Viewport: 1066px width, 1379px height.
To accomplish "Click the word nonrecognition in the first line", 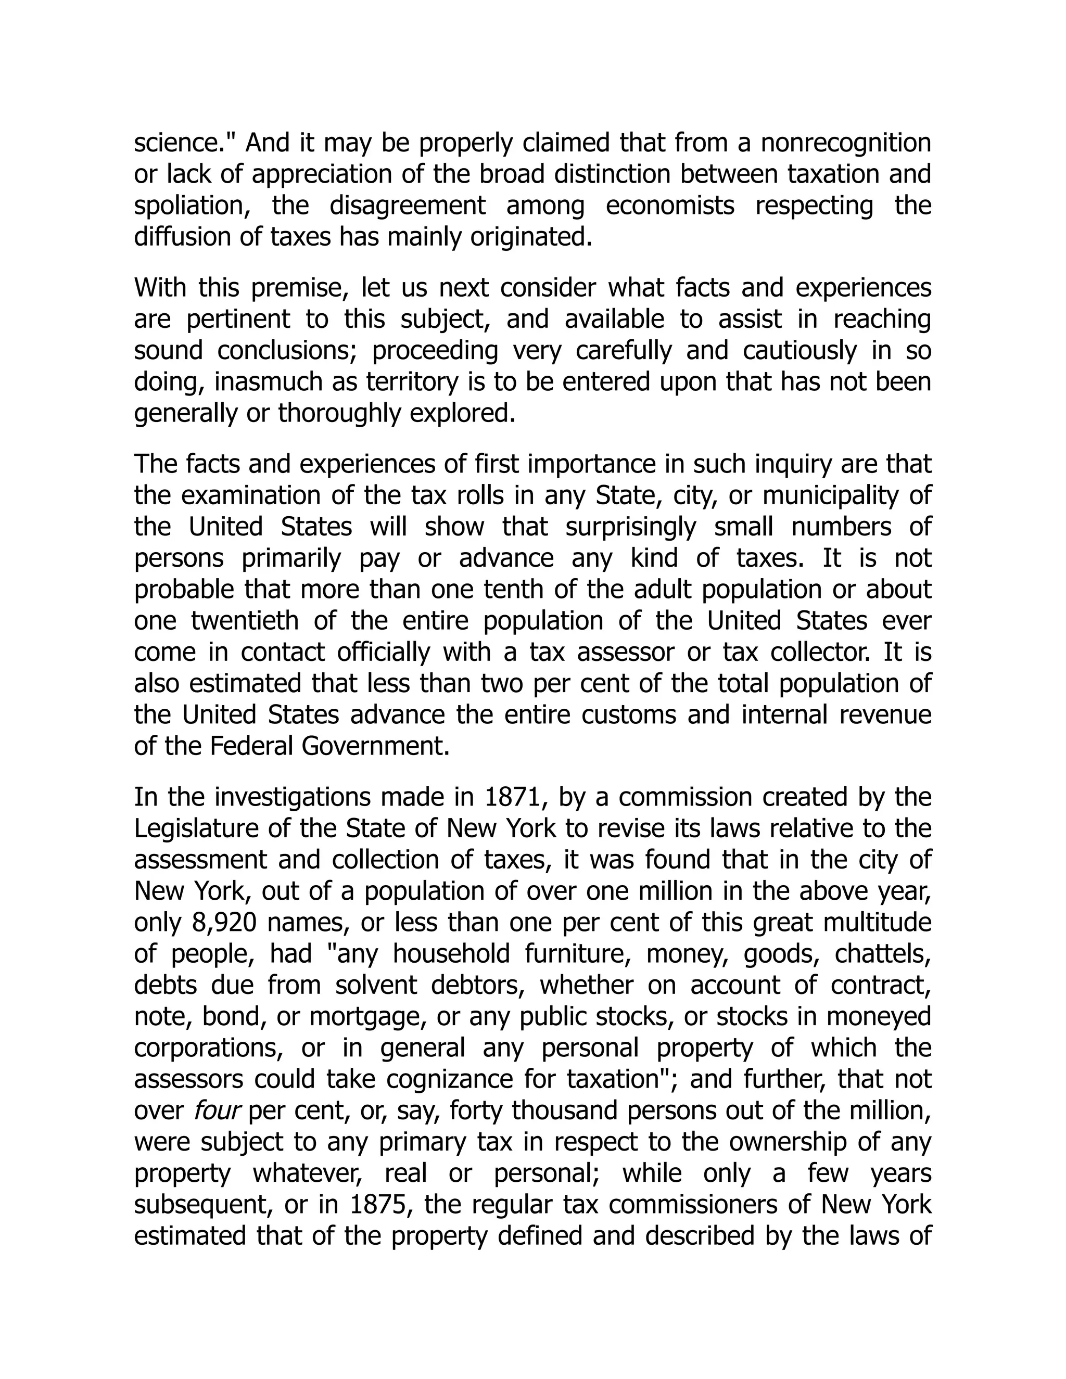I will click(846, 143).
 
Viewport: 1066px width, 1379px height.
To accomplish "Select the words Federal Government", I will click(329, 746).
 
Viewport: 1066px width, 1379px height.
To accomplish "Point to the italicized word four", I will click(214, 1110).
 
